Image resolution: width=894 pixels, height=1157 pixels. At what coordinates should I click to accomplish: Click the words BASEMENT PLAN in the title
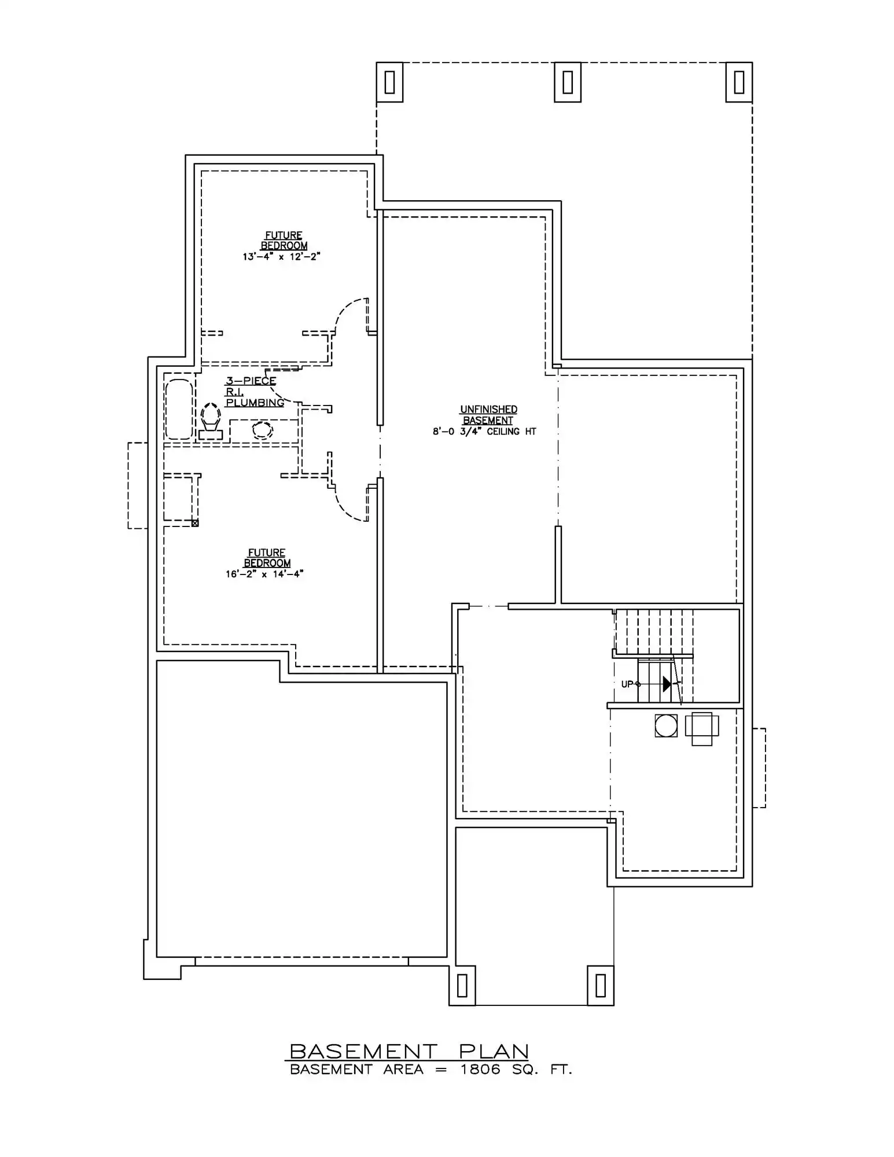409,1051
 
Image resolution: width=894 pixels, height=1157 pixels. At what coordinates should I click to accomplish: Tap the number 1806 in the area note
480,1070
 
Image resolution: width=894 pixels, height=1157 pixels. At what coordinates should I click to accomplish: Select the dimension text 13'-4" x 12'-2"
282,256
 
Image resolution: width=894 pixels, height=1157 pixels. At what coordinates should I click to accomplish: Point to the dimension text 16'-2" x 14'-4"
265,574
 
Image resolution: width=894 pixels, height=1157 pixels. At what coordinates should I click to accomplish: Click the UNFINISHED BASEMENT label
488,415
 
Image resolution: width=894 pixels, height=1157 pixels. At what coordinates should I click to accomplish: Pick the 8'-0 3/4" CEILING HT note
485,432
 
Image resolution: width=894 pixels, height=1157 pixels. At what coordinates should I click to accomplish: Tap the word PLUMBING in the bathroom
255,402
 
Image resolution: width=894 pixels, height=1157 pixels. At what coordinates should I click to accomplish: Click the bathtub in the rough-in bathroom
179,409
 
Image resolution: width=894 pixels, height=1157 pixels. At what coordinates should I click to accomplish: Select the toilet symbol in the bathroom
211,421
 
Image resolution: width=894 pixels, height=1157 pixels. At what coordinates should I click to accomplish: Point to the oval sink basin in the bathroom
263,430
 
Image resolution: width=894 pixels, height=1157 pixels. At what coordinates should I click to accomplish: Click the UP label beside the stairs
627,684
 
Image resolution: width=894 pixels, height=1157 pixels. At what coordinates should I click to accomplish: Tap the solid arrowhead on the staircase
667,684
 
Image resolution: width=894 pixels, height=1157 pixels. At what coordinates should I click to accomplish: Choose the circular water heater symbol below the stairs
666,725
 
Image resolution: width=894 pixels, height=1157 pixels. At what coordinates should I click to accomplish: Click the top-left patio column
389,82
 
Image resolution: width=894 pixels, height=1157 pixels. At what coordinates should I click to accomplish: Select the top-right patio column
739,82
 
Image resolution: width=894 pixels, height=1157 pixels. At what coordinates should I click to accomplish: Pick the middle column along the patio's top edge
568,82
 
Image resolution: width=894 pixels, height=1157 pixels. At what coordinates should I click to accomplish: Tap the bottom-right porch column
601,985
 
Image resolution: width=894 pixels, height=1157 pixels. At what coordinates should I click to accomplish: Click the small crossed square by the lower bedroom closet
195,523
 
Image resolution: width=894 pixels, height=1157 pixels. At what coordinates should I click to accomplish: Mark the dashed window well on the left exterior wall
138,485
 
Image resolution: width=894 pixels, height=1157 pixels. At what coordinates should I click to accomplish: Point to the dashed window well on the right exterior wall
759,768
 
